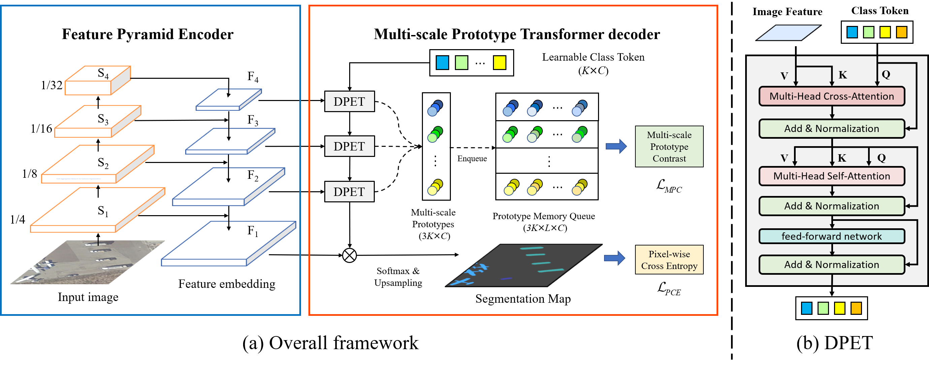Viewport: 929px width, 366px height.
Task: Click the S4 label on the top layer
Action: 103,73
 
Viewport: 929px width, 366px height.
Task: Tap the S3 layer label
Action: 103,119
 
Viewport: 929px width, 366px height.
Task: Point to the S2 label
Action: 103,163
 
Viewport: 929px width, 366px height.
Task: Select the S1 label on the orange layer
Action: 103,211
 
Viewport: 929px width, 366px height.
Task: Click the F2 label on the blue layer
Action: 253,176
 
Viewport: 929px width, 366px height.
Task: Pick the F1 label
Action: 253,231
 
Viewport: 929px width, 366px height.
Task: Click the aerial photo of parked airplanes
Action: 88,262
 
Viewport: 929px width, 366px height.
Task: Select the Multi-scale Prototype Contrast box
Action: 669,146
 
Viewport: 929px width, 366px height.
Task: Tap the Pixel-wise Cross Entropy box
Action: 669,260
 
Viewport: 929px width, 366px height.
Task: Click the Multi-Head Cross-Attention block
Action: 832,96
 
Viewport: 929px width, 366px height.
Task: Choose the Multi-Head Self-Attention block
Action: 832,176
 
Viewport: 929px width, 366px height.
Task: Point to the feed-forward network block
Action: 832,236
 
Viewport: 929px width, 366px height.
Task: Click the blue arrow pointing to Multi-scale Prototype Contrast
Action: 616,146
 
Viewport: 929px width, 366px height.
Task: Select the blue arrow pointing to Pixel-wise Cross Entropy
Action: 614,258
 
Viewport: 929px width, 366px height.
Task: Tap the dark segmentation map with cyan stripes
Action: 523,266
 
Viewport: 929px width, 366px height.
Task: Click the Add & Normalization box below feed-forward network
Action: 832,265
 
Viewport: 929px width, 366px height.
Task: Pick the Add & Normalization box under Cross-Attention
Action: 832,129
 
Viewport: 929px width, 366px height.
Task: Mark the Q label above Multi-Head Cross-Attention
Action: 886,75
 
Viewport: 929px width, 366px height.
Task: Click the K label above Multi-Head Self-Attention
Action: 842,158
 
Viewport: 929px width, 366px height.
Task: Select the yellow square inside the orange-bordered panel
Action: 499,63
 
